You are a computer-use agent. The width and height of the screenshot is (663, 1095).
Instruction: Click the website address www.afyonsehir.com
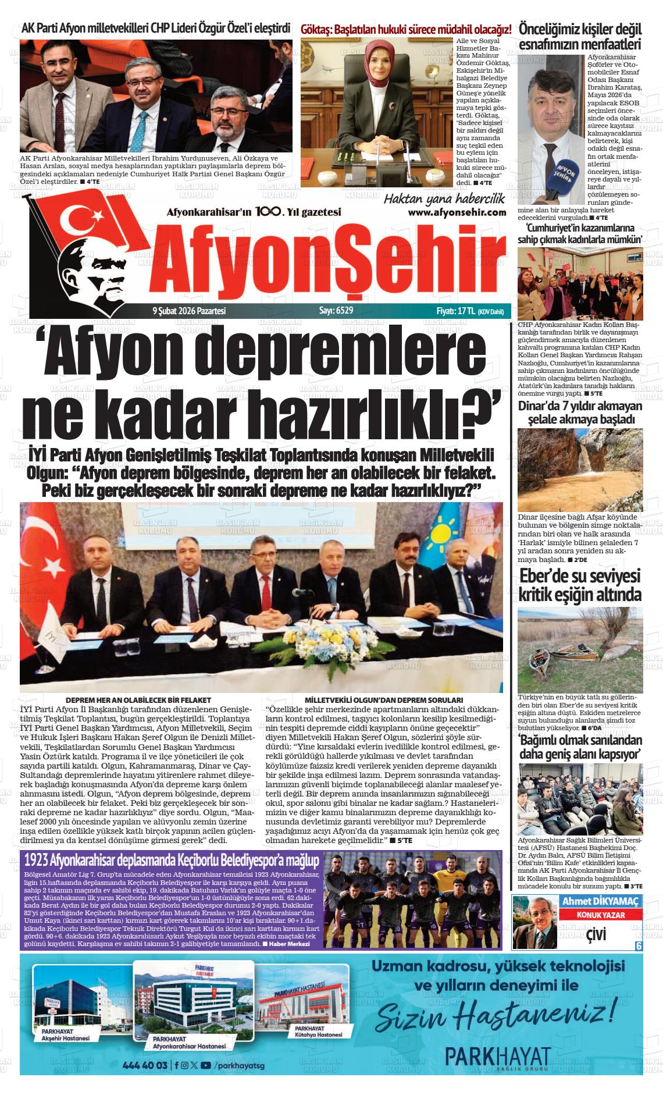click(x=457, y=212)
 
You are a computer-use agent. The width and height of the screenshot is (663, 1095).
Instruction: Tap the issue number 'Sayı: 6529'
click(x=336, y=311)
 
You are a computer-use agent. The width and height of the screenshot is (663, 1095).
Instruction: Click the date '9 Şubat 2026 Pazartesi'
click(x=188, y=311)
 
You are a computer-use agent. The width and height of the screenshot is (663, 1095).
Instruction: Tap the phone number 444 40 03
click(x=145, y=1065)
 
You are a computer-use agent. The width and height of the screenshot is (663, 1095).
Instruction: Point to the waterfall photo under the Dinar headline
click(x=580, y=470)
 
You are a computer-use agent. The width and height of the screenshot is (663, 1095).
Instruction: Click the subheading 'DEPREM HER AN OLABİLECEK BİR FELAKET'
click(x=138, y=700)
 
